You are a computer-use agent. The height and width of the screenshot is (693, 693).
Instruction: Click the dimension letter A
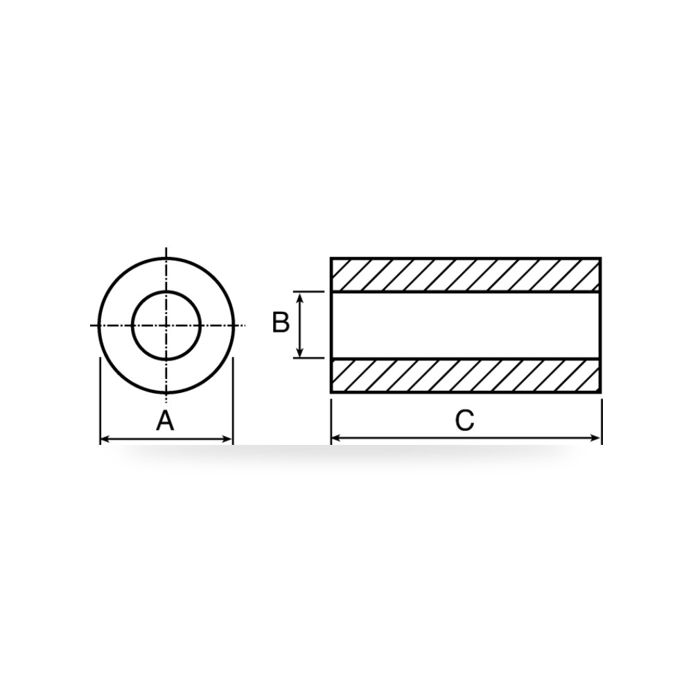tap(166, 421)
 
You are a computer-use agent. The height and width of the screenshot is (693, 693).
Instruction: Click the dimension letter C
tap(464, 421)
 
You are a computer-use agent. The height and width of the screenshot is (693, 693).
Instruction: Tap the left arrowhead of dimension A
tap(105, 439)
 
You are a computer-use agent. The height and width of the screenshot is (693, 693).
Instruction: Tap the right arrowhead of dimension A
tap(227, 439)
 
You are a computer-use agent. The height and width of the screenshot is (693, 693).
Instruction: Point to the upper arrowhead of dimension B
tap(300, 297)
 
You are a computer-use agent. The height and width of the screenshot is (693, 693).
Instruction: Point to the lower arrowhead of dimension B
tap(300, 353)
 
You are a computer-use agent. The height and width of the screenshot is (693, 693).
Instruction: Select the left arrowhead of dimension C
tap(336, 438)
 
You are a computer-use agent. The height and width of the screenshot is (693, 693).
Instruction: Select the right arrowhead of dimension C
tap(596, 438)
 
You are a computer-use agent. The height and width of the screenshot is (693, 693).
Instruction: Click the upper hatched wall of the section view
tap(466, 275)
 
